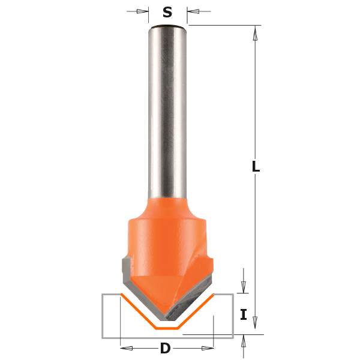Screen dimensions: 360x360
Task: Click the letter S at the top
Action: click(x=167, y=11)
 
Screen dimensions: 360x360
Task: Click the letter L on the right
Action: click(x=256, y=167)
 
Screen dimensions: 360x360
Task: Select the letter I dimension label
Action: click(x=244, y=314)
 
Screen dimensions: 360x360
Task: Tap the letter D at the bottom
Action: click(x=165, y=348)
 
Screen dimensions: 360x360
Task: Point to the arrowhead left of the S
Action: click(x=143, y=11)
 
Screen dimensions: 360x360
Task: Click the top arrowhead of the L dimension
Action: click(x=255, y=34)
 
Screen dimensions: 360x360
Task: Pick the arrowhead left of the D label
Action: click(x=127, y=347)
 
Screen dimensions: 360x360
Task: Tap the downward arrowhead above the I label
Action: click(x=243, y=287)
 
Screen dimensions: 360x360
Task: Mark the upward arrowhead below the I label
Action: click(x=243, y=341)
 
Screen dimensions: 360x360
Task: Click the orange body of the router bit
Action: click(x=167, y=234)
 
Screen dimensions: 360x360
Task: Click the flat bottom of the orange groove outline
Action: click(x=167, y=328)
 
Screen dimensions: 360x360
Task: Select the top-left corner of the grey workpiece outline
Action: click(x=103, y=295)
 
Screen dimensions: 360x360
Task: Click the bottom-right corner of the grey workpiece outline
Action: click(x=233, y=338)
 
